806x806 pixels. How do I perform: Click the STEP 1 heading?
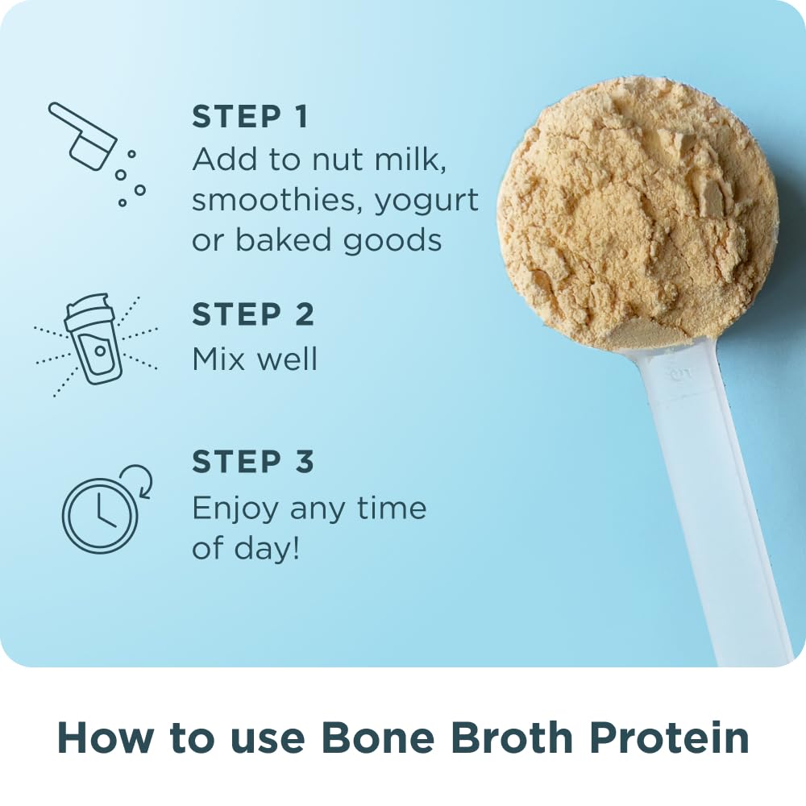(x=250, y=118)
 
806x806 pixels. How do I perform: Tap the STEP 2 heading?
(x=253, y=315)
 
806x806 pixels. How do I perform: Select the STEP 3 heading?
(x=253, y=463)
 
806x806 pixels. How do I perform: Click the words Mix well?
(x=255, y=358)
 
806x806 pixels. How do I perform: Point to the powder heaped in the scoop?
(x=637, y=210)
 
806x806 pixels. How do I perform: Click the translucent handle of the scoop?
(x=709, y=500)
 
